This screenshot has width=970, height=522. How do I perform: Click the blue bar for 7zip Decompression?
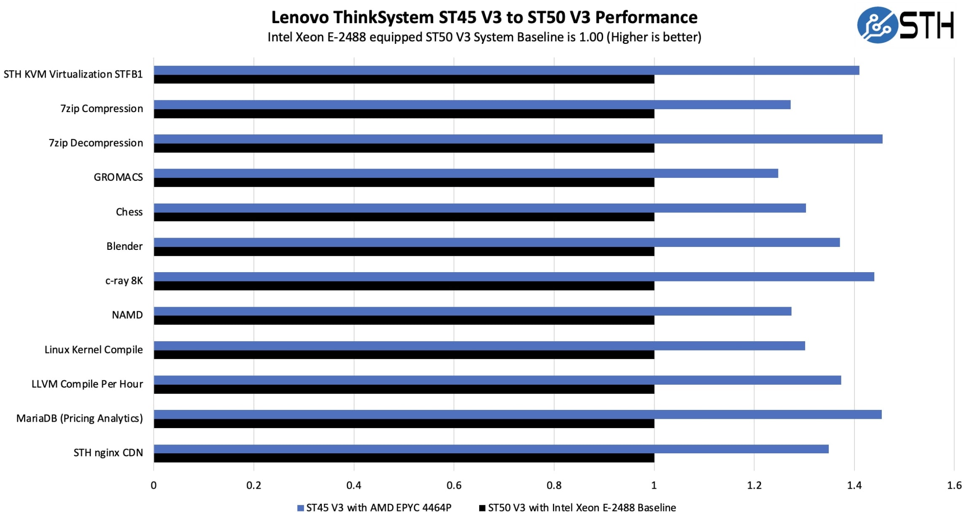(x=517, y=139)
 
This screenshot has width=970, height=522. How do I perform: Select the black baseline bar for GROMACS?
(x=404, y=182)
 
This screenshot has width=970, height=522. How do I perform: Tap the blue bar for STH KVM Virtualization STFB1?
(x=506, y=70)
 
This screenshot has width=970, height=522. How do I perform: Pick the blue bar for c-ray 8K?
(x=513, y=277)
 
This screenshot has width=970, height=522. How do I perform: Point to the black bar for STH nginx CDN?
(x=404, y=458)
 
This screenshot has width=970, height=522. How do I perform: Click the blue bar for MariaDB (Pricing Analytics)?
(x=517, y=415)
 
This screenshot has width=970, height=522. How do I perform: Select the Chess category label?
(x=129, y=212)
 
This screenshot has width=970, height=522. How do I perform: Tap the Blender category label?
(x=124, y=246)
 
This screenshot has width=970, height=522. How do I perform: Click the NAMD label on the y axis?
(x=127, y=315)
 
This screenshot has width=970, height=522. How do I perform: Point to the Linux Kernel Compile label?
(x=94, y=350)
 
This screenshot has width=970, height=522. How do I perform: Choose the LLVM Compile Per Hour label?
(x=87, y=384)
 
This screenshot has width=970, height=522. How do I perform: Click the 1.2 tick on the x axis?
(x=754, y=486)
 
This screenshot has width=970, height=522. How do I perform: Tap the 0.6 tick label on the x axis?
(x=454, y=486)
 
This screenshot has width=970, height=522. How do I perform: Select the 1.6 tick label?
(x=954, y=486)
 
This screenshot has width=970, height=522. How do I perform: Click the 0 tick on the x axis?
(x=154, y=486)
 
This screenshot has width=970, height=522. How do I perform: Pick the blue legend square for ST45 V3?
(x=300, y=508)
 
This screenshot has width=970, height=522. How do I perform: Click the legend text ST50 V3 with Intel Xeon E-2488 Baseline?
(x=582, y=508)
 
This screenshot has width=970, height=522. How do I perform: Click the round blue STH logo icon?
(x=877, y=25)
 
